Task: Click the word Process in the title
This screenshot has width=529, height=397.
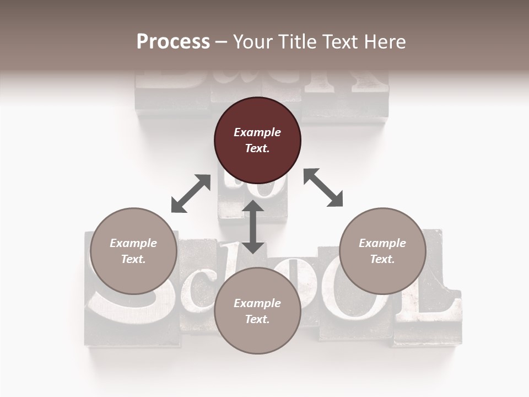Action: click(173, 41)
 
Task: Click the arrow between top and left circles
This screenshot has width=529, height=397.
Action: click(191, 194)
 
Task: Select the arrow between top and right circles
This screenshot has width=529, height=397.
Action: click(323, 187)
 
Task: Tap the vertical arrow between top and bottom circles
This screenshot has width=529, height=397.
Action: click(253, 227)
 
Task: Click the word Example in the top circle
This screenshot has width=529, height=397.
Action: click(257, 132)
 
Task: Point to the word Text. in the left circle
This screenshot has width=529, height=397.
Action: click(133, 259)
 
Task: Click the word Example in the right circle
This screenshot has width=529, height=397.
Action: click(382, 243)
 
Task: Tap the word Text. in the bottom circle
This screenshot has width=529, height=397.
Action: click(257, 319)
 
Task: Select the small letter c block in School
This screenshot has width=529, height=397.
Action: click(196, 281)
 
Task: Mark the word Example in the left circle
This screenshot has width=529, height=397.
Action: click(133, 243)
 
